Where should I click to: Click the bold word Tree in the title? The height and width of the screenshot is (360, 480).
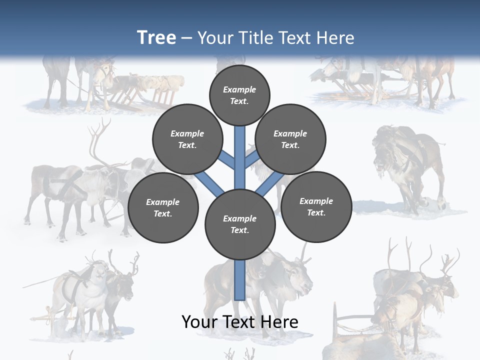pyautogui.click(x=156, y=37)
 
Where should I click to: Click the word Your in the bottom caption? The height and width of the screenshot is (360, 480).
pyautogui.click(x=198, y=322)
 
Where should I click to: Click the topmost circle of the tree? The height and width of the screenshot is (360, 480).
pyautogui.click(x=239, y=95)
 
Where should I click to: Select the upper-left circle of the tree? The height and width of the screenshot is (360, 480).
pyautogui.click(x=187, y=139)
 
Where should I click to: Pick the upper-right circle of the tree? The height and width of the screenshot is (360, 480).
pyautogui.click(x=290, y=139)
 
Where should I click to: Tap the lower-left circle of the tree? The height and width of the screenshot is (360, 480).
pyautogui.click(x=163, y=207)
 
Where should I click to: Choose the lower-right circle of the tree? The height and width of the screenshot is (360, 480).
pyautogui.click(x=316, y=206)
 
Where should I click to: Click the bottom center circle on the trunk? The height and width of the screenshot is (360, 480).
pyautogui.click(x=240, y=224)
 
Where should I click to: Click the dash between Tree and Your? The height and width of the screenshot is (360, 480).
pyautogui.click(x=186, y=38)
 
